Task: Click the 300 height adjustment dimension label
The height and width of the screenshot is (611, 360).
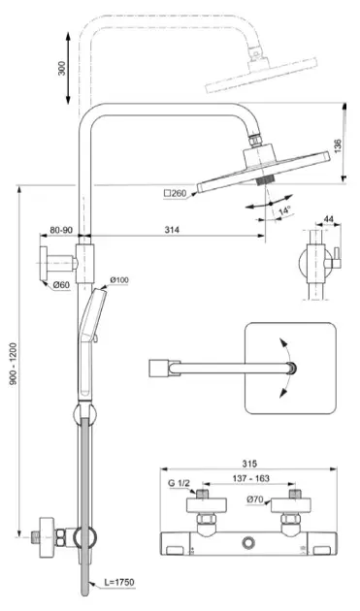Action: (x=62, y=68)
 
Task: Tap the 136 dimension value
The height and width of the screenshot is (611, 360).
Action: (x=338, y=145)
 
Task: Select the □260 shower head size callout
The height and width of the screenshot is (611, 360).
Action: (x=175, y=193)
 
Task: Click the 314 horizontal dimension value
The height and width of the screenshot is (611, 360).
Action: (x=172, y=230)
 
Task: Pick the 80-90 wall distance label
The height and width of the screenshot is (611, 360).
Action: (x=61, y=230)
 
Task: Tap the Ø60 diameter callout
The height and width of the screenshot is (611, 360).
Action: (x=61, y=285)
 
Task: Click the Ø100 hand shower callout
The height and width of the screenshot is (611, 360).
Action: (x=119, y=279)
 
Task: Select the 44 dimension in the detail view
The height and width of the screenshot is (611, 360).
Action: (x=329, y=219)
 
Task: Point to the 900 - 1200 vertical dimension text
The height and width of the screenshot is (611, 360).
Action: (x=14, y=364)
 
